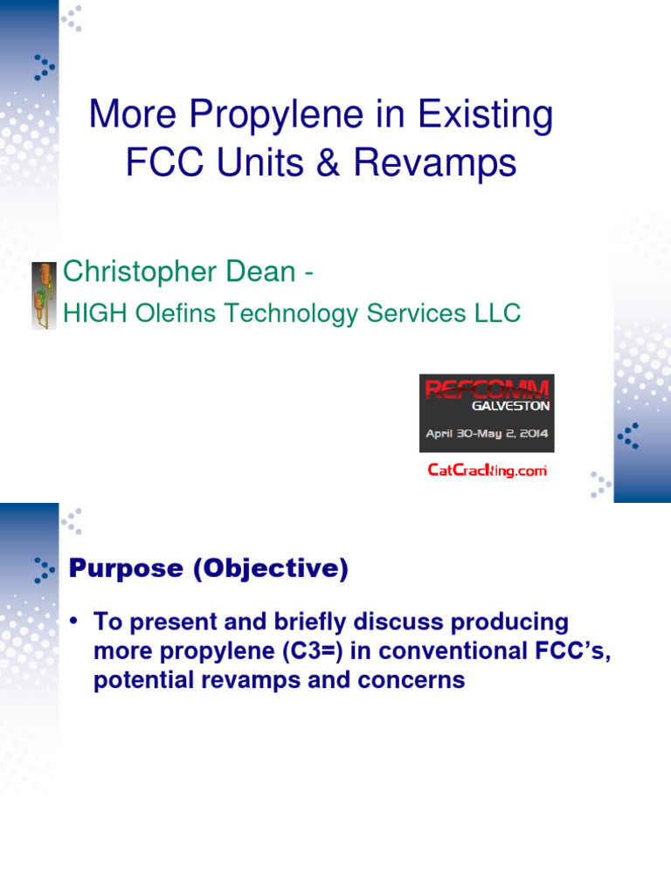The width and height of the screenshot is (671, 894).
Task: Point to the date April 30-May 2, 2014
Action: coord(487,433)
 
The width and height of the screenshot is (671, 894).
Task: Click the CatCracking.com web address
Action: coord(487,471)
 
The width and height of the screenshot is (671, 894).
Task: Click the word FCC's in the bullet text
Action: coord(568,652)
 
